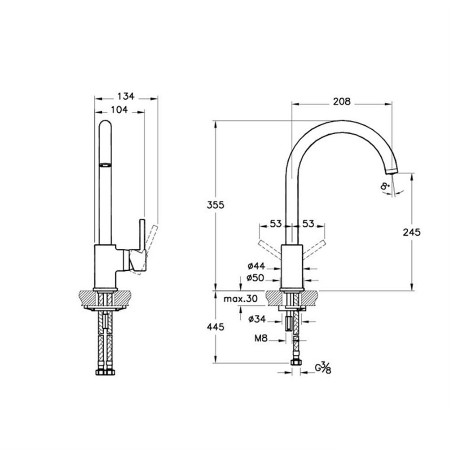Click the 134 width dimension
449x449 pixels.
126,96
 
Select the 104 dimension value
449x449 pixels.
119,110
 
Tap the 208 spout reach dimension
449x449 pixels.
342,101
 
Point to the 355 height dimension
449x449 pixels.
216,205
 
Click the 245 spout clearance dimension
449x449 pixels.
412,232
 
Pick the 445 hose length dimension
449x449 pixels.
216,327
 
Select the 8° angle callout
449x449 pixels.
385,186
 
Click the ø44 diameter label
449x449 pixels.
256,266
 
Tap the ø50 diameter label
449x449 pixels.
255,278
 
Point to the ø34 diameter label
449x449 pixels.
257,319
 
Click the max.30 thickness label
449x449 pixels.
241,299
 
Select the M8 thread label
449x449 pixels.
261,339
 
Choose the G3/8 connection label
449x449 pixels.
323,368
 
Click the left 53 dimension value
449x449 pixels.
276,224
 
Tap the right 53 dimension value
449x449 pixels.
308,224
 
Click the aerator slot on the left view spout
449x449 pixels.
105,165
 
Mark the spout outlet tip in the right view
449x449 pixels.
392,171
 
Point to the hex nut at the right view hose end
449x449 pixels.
296,362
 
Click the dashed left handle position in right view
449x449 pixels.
269,248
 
